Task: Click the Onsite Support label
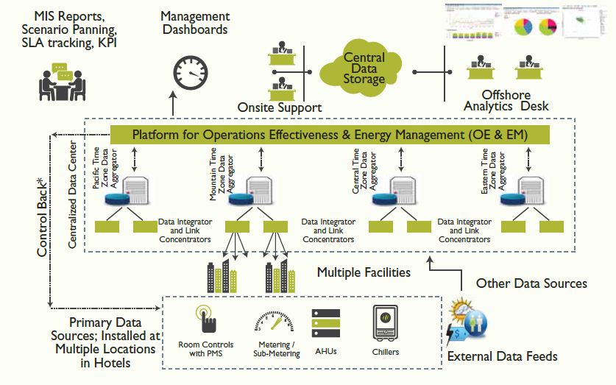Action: click(x=280, y=108)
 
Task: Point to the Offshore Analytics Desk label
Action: click(x=506, y=101)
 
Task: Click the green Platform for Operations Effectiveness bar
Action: click(x=329, y=135)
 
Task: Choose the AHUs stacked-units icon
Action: click(x=325, y=323)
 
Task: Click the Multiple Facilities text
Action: click(x=364, y=272)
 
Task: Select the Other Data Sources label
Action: click(x=531, y=283)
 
